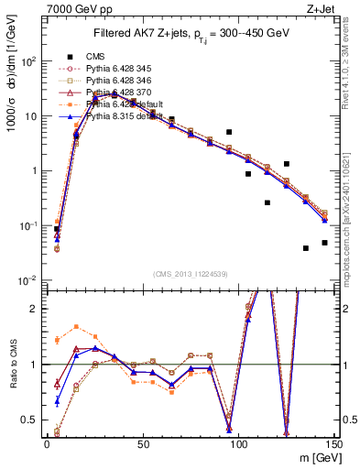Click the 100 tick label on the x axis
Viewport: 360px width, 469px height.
point(238,443)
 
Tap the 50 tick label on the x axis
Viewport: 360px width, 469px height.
point(142,443)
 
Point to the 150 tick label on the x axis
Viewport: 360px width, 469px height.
point(333,443)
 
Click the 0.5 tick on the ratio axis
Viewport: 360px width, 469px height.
point(32,420)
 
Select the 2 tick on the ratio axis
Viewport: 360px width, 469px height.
point(37,309)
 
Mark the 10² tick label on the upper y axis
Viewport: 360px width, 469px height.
point(29,61)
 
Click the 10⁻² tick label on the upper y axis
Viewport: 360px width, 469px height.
point(29,280)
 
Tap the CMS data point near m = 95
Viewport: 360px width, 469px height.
point(229,132)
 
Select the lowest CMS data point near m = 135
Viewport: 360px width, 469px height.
point(306,248)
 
